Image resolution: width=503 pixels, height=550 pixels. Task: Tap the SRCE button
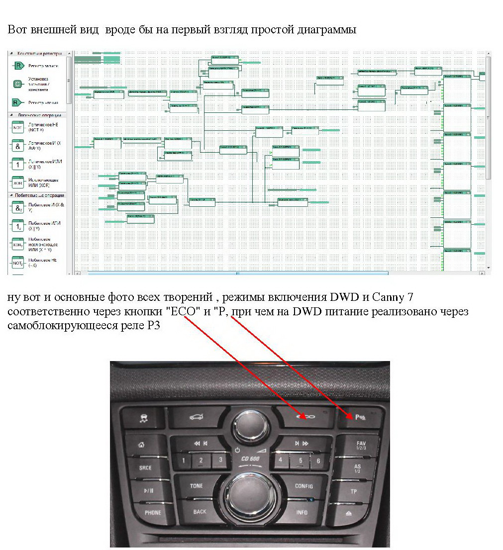145,468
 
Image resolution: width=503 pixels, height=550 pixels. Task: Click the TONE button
197,485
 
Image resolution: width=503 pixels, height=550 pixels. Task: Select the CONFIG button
303,486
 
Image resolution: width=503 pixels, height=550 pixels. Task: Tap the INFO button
302,512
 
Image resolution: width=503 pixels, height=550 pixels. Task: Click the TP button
354,491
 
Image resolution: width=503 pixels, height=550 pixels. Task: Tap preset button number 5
300,460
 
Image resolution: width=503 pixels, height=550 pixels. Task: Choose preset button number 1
183,460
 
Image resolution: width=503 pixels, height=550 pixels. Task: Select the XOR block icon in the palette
18,183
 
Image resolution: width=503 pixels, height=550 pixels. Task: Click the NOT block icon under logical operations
18,127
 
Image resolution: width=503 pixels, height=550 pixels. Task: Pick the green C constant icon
18,84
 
